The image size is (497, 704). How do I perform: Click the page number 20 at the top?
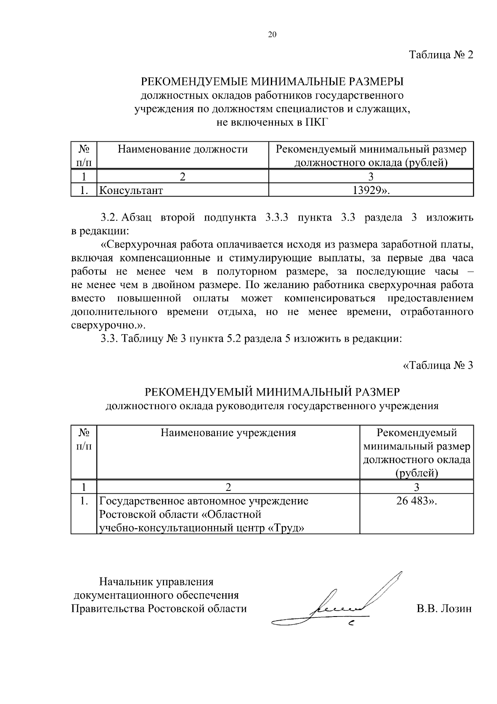click(272, 35)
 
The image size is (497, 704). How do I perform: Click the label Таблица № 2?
click(441, 55)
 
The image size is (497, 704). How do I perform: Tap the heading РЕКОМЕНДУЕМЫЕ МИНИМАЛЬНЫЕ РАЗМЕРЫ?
click(272, 81)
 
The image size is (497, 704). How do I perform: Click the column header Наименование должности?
click(183, 149)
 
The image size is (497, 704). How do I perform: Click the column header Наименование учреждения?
click(228, 433)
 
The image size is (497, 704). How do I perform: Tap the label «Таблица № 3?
click(438, 365)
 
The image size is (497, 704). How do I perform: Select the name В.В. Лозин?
click(444, 609)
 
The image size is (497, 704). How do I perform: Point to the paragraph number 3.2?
click(110, 218)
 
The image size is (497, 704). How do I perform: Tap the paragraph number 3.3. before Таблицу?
click(110, 339)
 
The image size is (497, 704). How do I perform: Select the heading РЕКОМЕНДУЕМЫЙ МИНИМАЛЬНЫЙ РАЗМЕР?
click(272, 392)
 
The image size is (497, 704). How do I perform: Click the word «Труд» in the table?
click(287, 528)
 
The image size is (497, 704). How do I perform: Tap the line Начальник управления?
click(156, 582)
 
